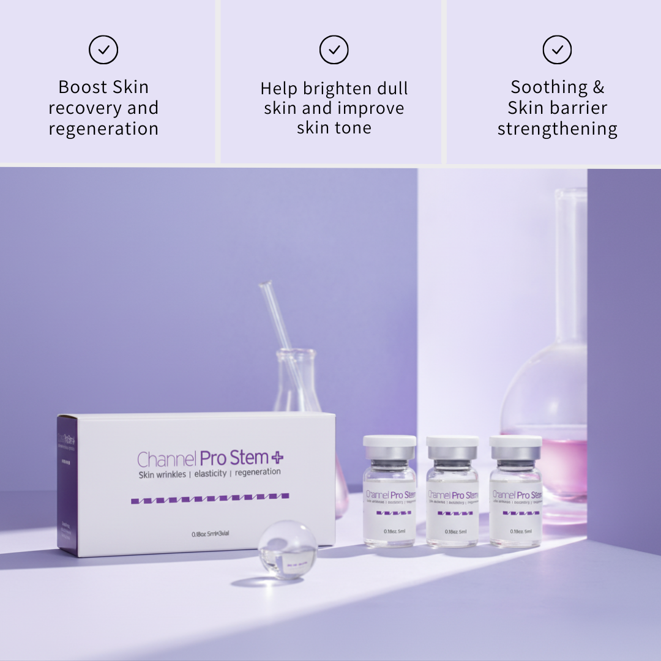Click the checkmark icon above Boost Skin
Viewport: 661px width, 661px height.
(x=103, y=50)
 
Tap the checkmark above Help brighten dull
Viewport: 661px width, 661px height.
(x=334, y=50)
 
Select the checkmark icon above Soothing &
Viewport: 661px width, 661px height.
(x=557, y=50)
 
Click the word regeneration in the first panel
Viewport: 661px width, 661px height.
(x=103, y=129)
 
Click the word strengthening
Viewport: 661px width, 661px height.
(x=557, y=129)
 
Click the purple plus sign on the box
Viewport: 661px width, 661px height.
(x=277, y=457)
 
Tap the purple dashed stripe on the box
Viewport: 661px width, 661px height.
(x=210, y=498)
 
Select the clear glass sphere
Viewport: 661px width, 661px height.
(x=287, y=549)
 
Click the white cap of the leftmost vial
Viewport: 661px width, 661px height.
(x=389, y=441)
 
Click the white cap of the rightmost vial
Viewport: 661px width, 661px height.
(x=515, y=441)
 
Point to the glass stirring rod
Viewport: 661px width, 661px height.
(x=278, y=324)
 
